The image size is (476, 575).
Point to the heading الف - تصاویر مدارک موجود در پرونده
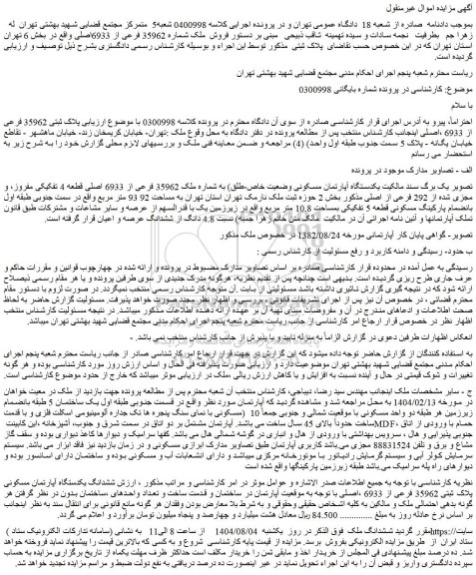(400, 167)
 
